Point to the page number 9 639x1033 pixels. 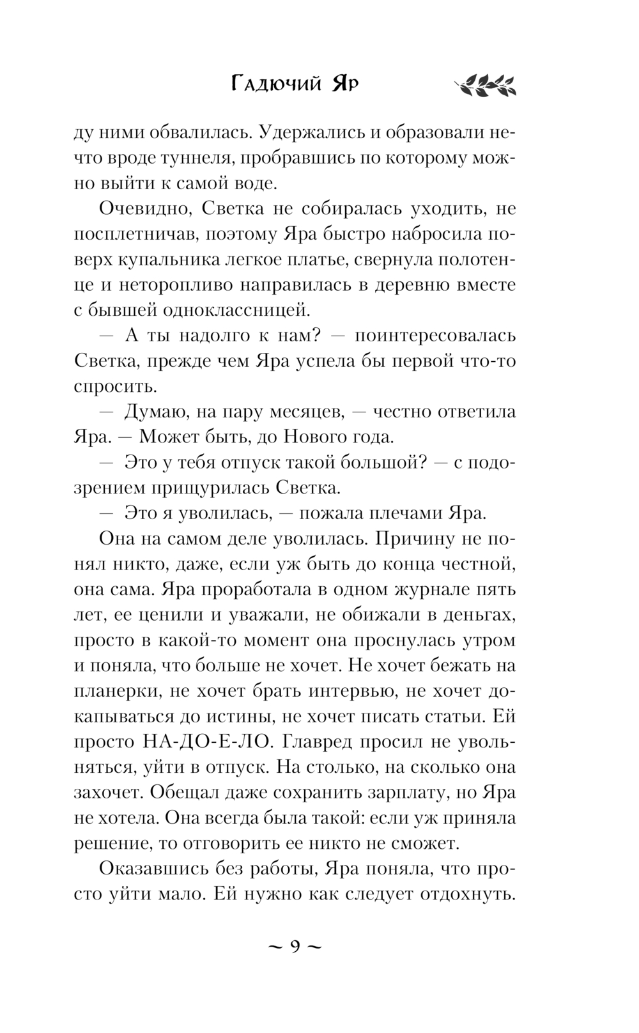point(295,945)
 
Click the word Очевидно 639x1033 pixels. point(135,209)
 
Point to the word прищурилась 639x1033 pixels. point(210,488)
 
